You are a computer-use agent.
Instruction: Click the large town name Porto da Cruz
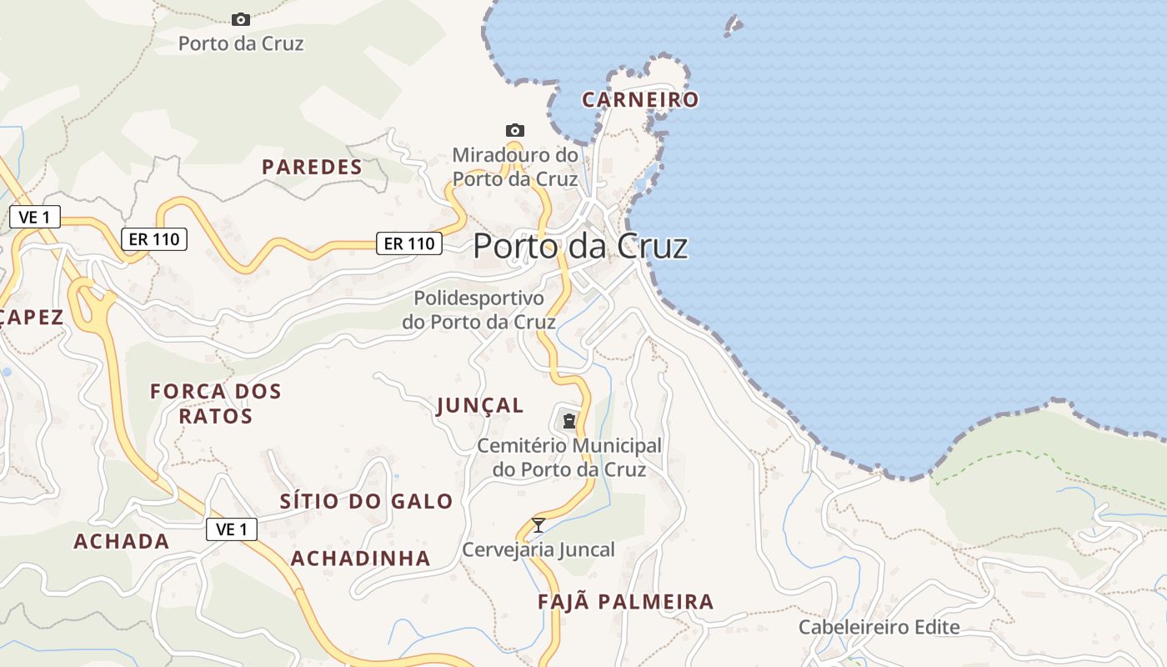click(x=580, y=247)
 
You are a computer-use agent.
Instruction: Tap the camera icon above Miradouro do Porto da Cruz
click(x=515, y=131)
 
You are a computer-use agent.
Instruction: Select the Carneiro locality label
click(x=640, y=100)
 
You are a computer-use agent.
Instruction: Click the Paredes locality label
click(x=313, y=168)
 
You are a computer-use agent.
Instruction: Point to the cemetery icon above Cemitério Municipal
click(x=569, y=421)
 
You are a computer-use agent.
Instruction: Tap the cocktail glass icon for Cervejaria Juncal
click(x=538, y=525)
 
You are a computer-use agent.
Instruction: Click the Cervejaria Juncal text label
click(x=538, y=549)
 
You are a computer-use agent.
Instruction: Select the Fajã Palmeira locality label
click(x=625, y=602)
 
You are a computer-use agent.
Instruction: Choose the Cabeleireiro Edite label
click(x=879, y=627)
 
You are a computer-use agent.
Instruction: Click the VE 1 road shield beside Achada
click(x=232, y=529)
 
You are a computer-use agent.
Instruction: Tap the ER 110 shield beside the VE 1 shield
click(x=153, y=239)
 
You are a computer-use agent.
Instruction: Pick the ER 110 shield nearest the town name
click(x=408, y=243)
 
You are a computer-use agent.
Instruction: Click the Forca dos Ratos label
click(x=215, y=404)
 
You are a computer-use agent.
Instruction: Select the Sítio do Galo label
click(x=366, y=502)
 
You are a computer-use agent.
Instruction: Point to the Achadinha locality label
click(x=360, y=559)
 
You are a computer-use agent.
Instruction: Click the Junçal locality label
click(x=480, y=406)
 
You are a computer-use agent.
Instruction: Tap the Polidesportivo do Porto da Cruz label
click(x=478, y=309)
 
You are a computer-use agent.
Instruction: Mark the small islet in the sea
click(x=734, y=26)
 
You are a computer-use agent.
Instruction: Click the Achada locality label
click(x=122, y=542)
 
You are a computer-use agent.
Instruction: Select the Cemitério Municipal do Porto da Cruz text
click(x=568, y=458)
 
